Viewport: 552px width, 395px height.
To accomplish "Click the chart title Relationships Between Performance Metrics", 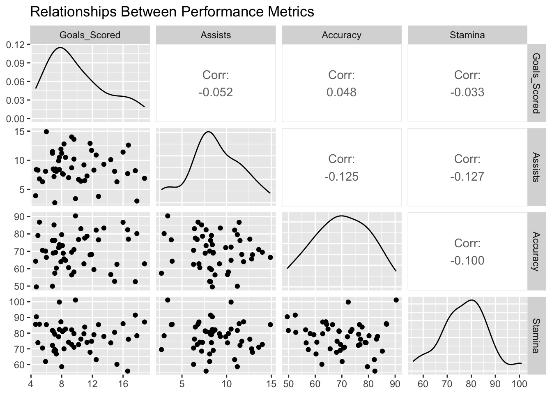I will coord(172,12).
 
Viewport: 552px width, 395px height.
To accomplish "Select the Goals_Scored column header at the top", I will coord(90,35).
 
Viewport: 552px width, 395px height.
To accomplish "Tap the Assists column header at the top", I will coord(216,35).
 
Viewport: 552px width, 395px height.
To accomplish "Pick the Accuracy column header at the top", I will coord(341,35).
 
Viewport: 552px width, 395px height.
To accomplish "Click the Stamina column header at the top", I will coord(467,35).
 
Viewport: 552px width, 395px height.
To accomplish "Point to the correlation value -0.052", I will coord(216,92).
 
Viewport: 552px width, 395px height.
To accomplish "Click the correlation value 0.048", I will coord(341,92).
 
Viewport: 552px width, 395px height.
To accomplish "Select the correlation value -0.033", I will coord(467,92).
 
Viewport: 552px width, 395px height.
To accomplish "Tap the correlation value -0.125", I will coord(341,177).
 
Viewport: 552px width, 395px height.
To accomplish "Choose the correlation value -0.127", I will coord(467,177).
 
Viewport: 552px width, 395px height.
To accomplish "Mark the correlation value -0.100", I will coord(467,261).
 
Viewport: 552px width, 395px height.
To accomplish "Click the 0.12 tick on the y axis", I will coord(16,44).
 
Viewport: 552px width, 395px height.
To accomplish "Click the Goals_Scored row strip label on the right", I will coord(536,83).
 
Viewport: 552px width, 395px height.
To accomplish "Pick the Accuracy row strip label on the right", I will coord(536,251).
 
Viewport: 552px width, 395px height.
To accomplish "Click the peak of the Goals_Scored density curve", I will coord(60,48).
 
